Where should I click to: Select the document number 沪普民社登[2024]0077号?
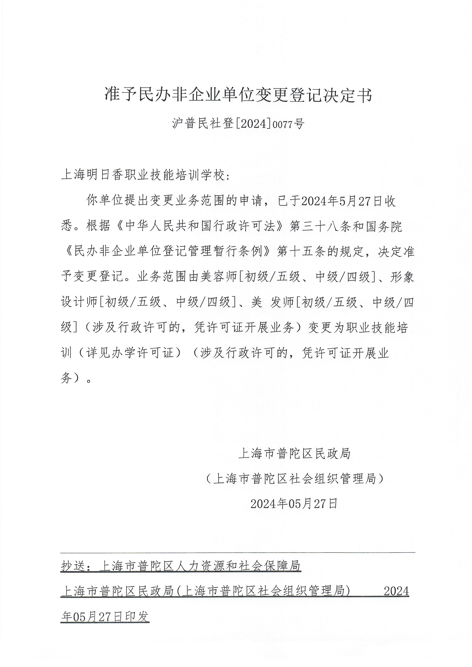click(238, 124)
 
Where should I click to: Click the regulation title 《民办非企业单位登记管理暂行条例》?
click(169, 252)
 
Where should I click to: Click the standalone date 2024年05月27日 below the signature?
click(294, 504)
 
